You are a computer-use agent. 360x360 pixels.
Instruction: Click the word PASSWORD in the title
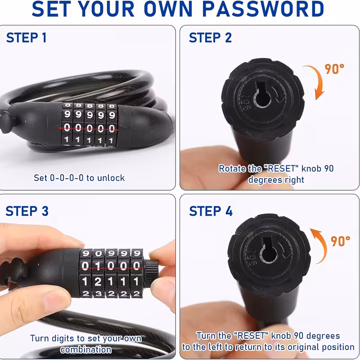tap(263, 9)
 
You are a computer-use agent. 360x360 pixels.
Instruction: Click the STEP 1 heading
tap(27, 38)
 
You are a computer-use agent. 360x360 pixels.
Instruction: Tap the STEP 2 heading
tap(210, 38)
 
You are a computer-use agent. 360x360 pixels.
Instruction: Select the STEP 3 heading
tap(27, 211)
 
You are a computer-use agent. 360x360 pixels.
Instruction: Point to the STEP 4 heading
tap(211, 211)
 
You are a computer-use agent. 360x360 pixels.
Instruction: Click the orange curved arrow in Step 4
tap(322, 244)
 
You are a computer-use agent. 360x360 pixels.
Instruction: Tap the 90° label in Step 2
tap(334, 69)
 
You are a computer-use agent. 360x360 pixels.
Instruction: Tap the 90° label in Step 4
tap(340, 241)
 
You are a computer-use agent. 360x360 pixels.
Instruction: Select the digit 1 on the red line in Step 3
tap(98, 266)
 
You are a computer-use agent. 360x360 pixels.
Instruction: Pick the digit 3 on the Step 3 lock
tap(99, 294)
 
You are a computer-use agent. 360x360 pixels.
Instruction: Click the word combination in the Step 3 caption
tap(86, 350)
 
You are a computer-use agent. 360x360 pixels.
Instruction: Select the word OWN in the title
tap(168, 9)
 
